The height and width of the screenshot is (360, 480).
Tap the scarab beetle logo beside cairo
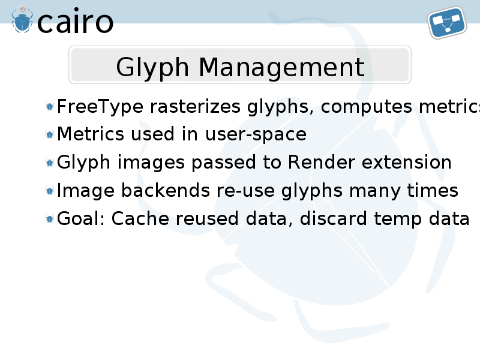(x=22, y=19)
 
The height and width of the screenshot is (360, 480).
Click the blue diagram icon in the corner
(x=447, y=22)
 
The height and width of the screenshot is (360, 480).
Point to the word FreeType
(x=100, y=107)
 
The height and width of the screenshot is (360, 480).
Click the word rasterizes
(x=195, y=107)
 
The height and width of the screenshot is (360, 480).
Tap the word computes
(x=367, y=107)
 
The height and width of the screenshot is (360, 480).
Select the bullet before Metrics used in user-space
(x=49, y=134)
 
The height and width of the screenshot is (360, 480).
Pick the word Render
(x=322, y=162)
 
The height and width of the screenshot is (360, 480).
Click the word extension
(x=407, y=162)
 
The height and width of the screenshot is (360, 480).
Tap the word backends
(x=166, y=190)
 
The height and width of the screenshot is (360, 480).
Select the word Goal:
(x=81, y=218)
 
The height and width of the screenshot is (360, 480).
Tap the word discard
(x=334, y=218)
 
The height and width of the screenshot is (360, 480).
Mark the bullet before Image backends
(x=49, y=191)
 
